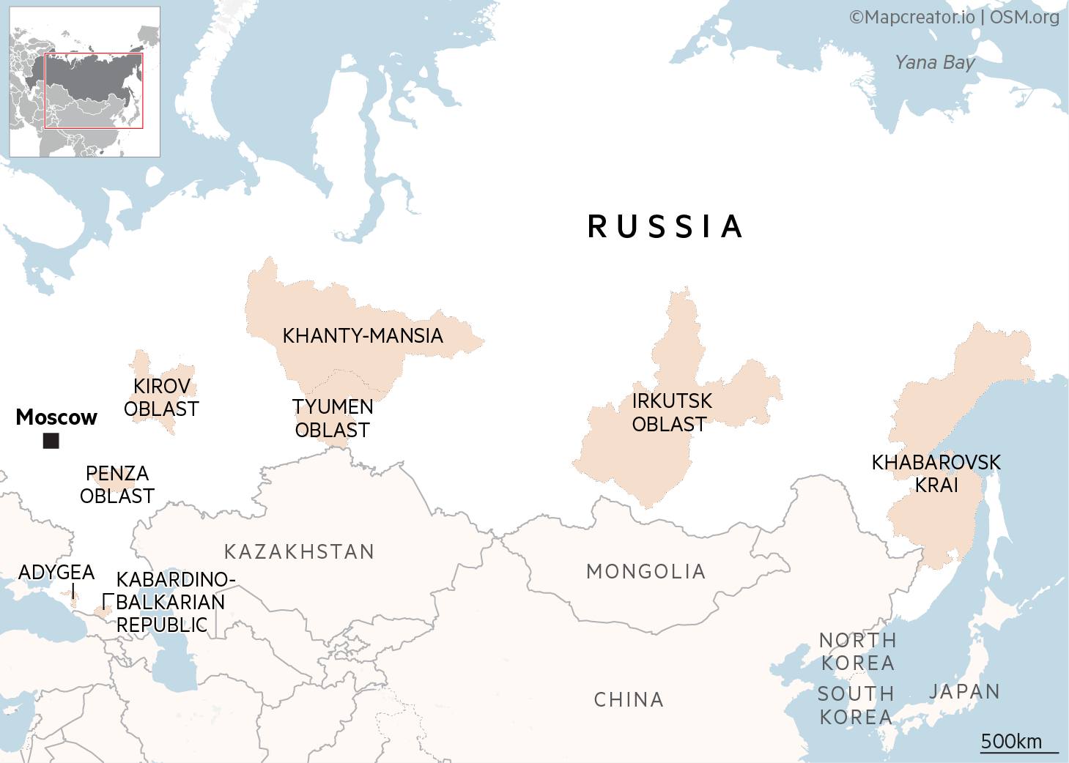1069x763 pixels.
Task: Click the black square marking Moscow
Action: pos(51,441)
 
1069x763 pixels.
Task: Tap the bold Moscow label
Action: pos(56,417)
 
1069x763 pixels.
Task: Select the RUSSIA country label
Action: pos(665,226)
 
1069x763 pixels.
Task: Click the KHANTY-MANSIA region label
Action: pos(363,336)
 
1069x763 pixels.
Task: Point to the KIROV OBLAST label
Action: pos(161,398)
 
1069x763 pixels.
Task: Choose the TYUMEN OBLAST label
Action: pos(333,418)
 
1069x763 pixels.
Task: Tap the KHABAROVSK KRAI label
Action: pos(936,474)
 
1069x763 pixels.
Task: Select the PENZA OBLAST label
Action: pos(117,485)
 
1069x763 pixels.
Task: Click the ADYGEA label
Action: pos(56,572)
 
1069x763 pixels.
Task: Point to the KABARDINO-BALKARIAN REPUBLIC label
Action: pos(171,602)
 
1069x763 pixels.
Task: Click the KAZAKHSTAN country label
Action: pos(299,551)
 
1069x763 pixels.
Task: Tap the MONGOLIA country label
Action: pos(646,571)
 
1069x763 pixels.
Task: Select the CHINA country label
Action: pos(629,700)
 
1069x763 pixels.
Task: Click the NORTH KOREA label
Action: pos(857,652)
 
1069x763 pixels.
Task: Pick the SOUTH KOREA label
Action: pos(856,705)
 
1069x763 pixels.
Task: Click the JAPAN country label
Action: pos(964,691)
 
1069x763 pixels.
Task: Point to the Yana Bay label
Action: pos(934,62)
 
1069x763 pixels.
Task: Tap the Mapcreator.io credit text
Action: pos(912,17)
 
